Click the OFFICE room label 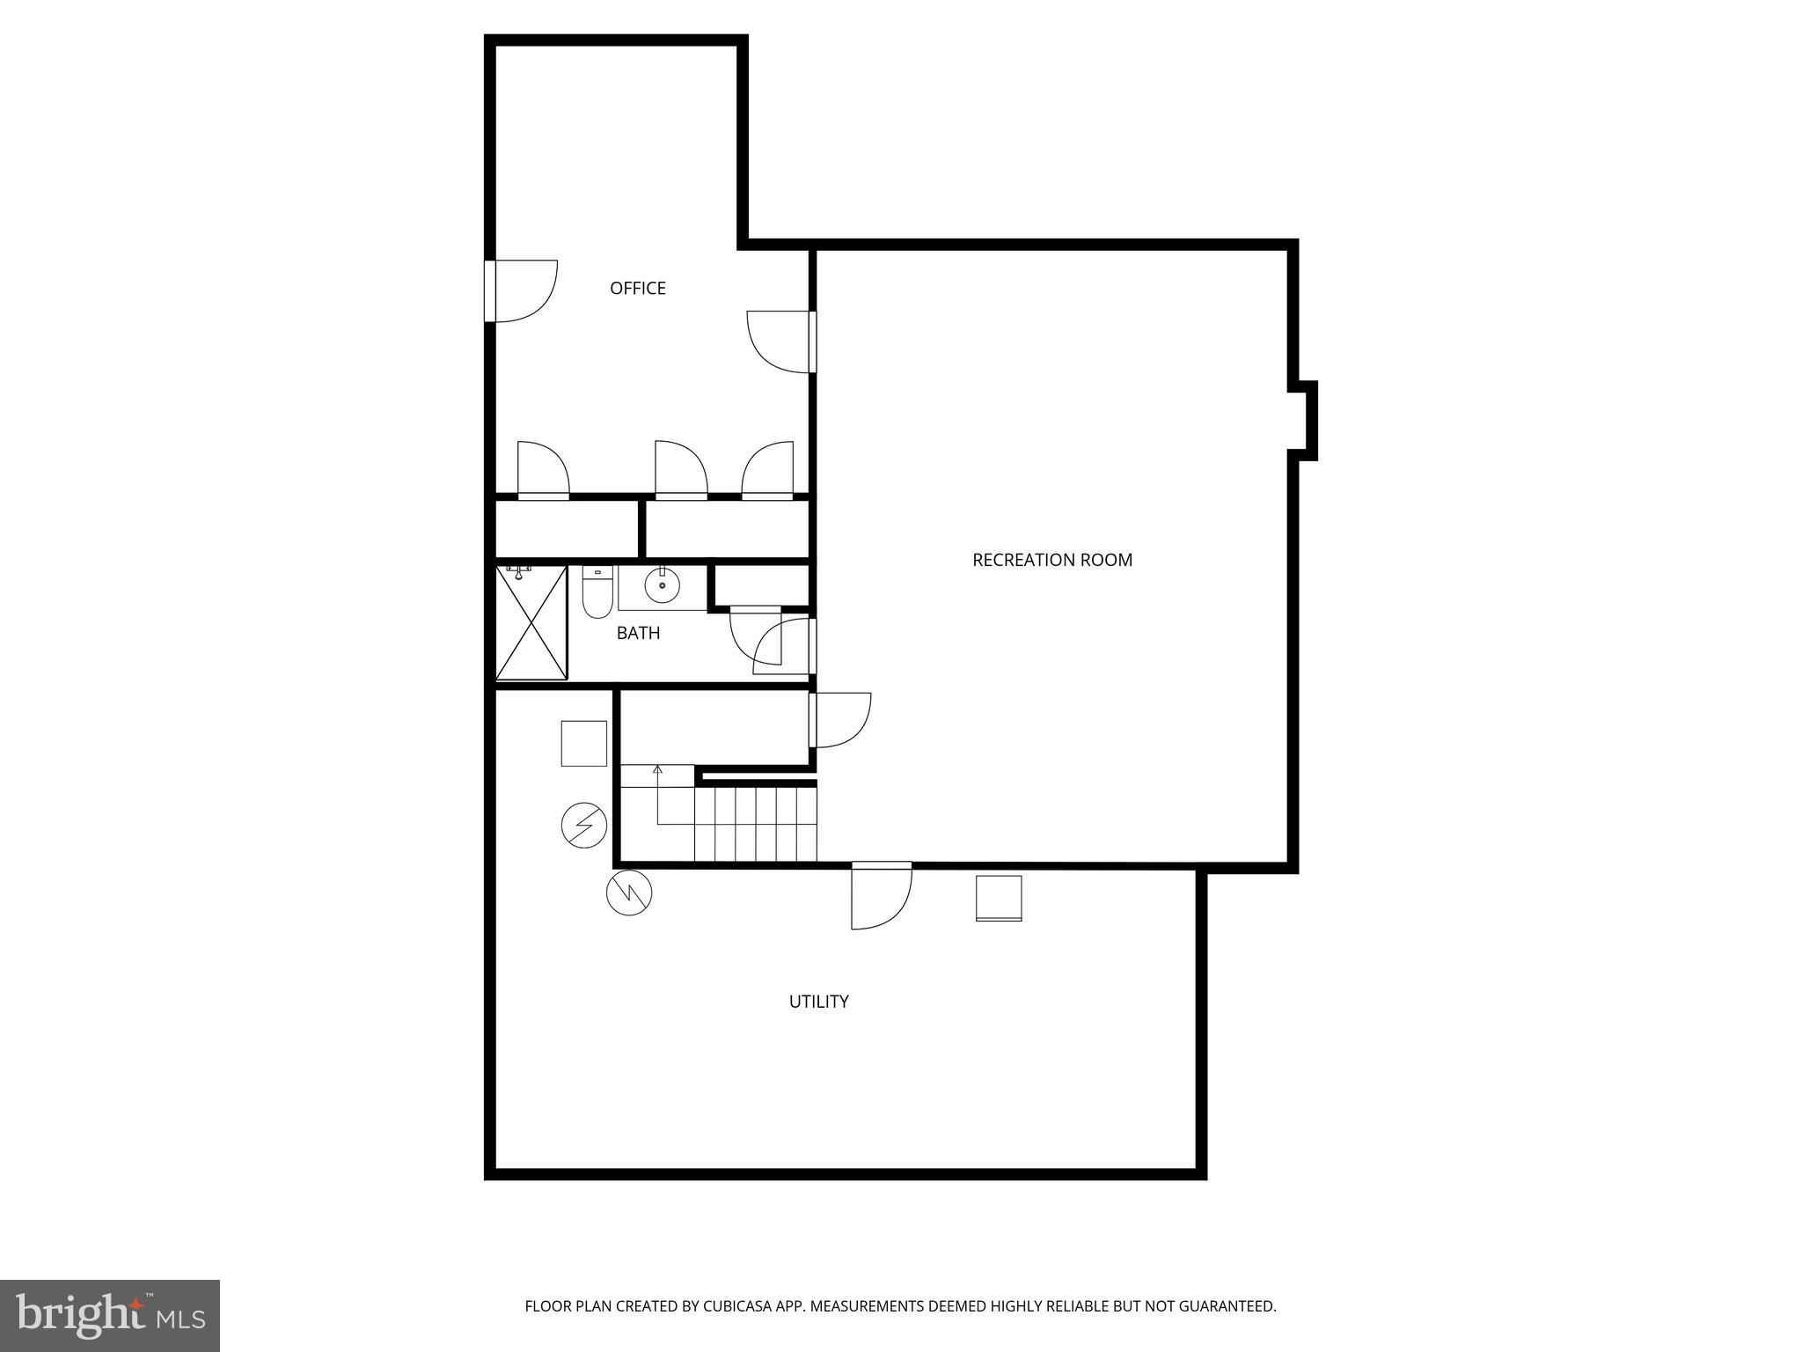(638, 288)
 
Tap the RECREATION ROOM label (1051, 560)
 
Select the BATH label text (638, 633)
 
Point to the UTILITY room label (818, 1002)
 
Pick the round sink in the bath (662, 584)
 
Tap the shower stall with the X (531, 623)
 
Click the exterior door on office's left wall (521, 291)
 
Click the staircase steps (755, 824)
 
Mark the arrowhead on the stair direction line (657, 769)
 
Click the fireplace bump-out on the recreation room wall (1305, 421)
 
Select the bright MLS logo (110, 1316)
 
